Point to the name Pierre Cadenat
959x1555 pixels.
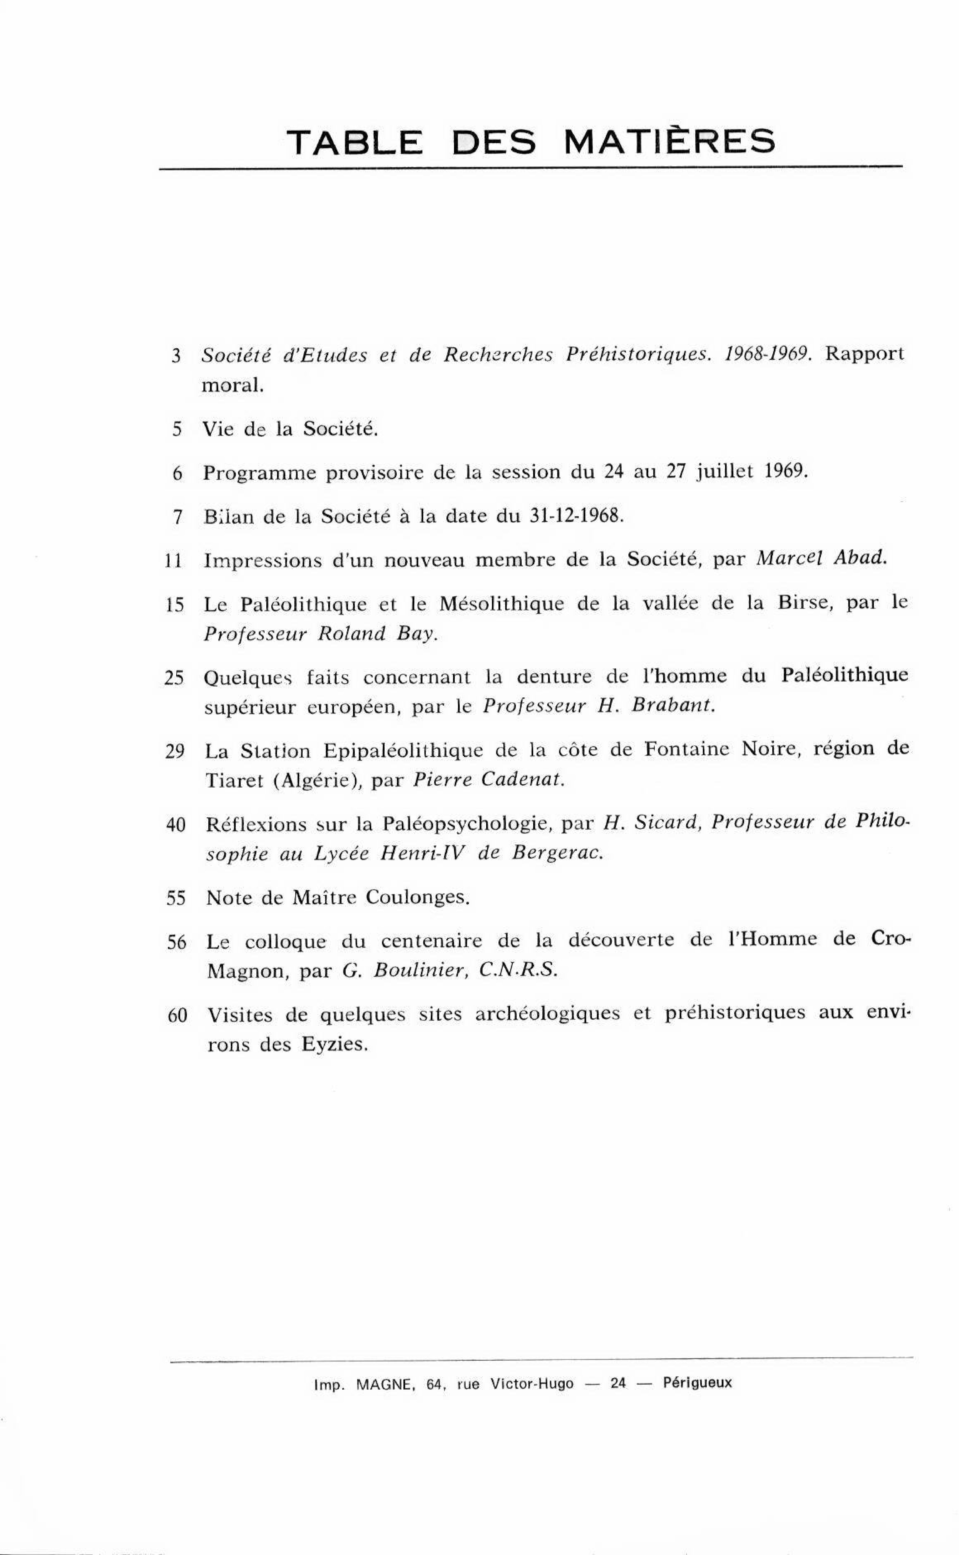[x=488, y=780]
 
